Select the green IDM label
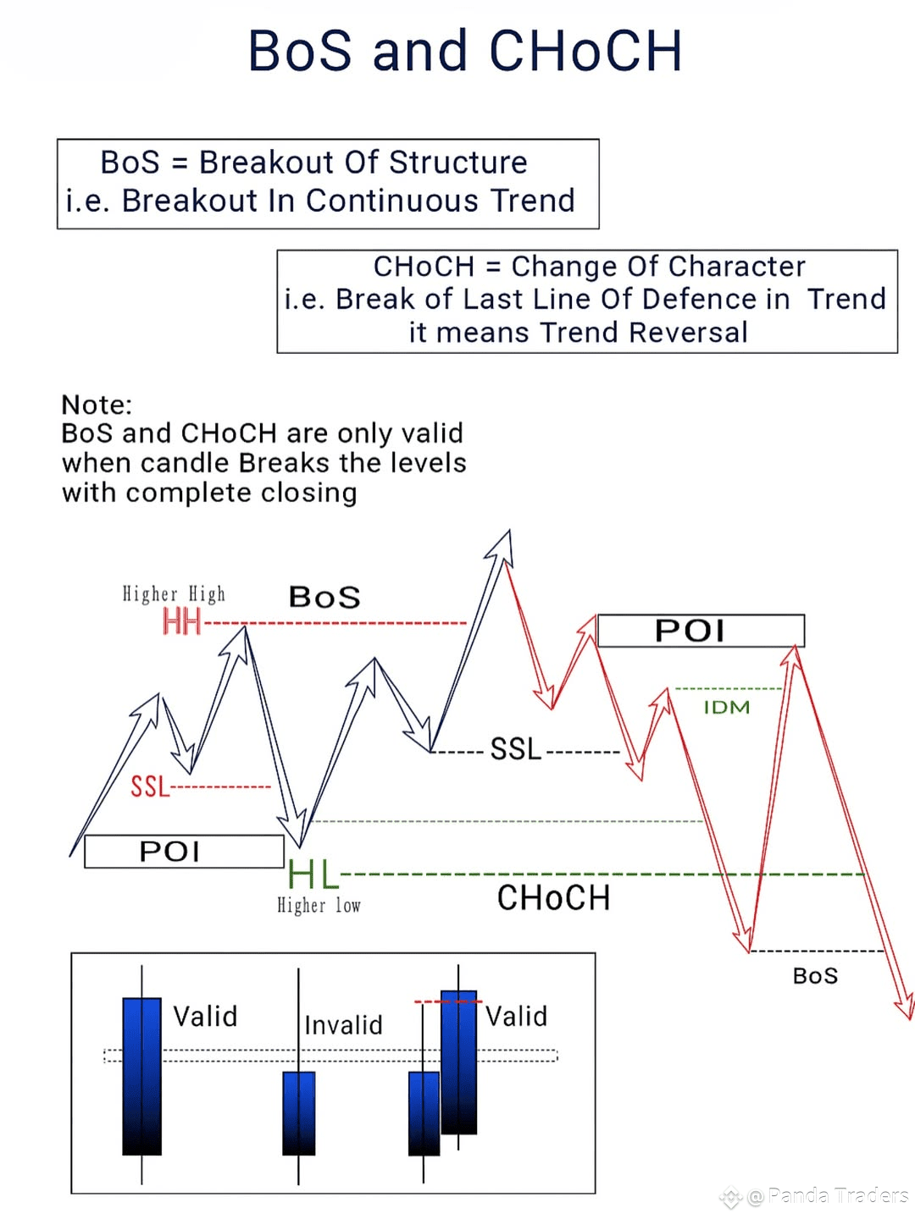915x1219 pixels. [x=727, y=707]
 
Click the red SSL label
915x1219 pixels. [x=150, y=786]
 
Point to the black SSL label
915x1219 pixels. [x=516, y=748]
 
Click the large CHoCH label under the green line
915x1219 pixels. [x=553, y=898]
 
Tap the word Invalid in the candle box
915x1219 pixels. [x=343, y=1025]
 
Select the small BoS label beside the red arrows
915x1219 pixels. [x=815, y=976]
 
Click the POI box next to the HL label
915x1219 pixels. [x=184, y=852]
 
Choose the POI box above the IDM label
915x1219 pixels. [x=701, y=631]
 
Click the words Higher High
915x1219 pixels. [x=174, y=593]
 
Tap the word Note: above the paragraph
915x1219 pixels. [x=97, y=405]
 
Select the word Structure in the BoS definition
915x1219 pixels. [x=457, y=163]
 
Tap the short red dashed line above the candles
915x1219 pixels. [x=448, y=1001]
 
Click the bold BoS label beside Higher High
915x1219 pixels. [x=324, y=597]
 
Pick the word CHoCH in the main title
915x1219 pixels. [x=585, y=51]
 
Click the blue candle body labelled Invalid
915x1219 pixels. [x=299, y=1113]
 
